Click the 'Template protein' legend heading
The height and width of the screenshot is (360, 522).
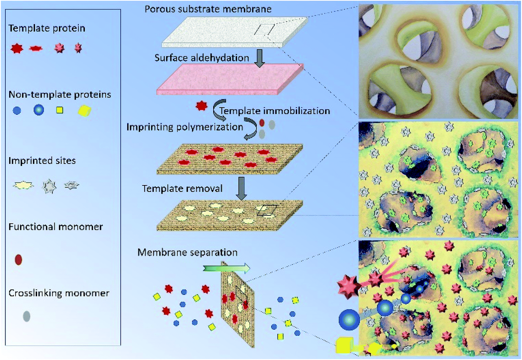coord(47,29)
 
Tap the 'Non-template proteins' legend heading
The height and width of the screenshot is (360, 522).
coord(60,95)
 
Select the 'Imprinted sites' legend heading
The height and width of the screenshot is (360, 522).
coord(42,161)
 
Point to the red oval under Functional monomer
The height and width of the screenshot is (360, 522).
coord(18,259)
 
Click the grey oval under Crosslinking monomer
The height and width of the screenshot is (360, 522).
coord(26,316)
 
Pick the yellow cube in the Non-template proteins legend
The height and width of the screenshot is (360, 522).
coord(84,111)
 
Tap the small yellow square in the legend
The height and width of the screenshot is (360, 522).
coord(60,110)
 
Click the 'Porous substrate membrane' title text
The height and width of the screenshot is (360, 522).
coord(208,9)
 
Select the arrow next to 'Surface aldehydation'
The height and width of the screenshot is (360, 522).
coord(259,58)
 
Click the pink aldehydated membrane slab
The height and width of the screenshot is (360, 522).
coord(230,79)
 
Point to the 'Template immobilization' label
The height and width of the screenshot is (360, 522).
coord(275,111)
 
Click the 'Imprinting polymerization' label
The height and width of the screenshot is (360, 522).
coord(185,127)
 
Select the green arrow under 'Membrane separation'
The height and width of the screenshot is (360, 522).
coord(226,268)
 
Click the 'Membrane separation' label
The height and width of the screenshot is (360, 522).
coord(187,252)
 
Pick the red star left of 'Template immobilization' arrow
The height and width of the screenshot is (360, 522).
coord(201,106)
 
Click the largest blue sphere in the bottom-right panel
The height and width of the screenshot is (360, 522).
coord(349,320)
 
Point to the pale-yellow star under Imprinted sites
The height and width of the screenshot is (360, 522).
coord(23,186)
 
